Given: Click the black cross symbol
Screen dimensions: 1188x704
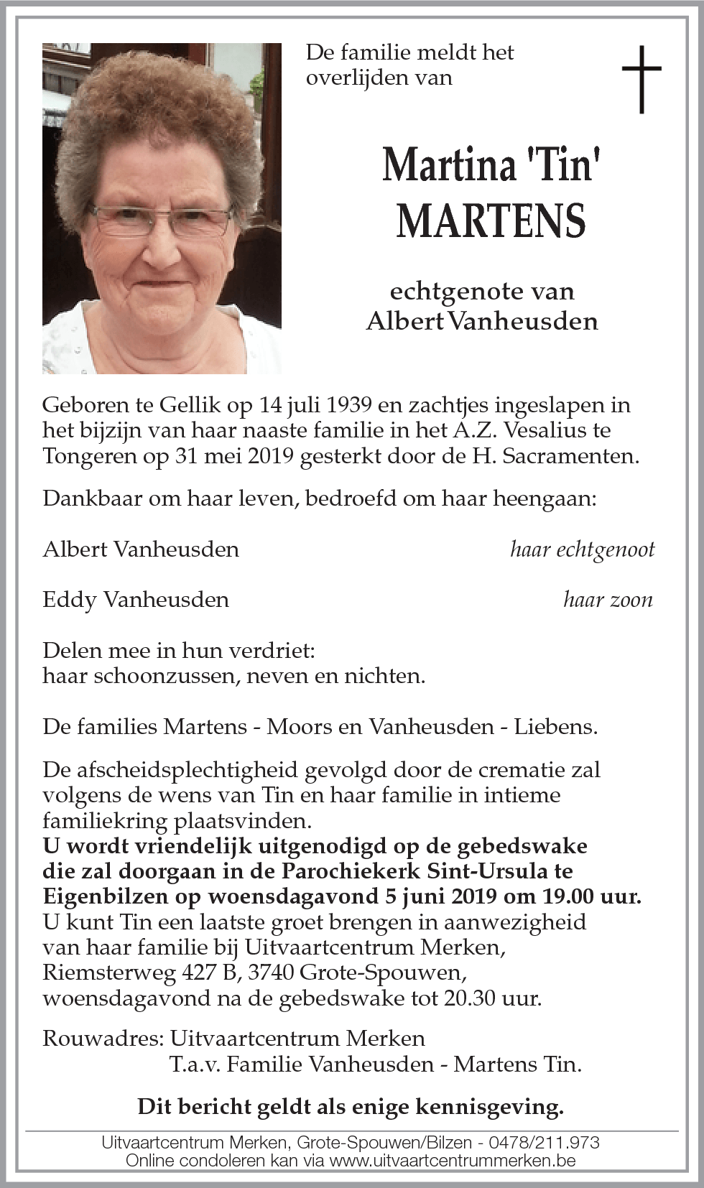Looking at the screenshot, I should [x=641, y=79].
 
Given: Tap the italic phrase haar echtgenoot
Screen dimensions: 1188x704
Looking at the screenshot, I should [x=582, y=550].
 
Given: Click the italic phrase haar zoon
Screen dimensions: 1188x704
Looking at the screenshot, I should [x=608, y=600].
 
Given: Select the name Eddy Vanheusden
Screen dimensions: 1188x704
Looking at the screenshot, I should [x=136, y=600].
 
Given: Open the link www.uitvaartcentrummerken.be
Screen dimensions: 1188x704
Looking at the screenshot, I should [x=453, y=1160].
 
